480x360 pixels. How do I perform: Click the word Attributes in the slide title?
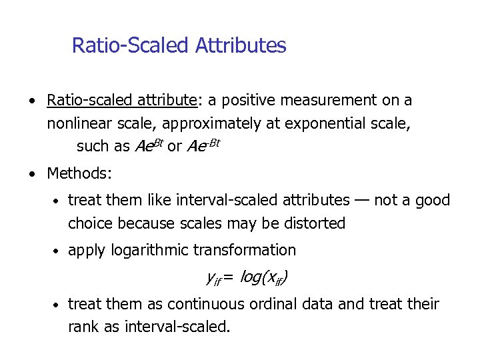241,46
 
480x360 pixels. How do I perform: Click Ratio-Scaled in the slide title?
131,46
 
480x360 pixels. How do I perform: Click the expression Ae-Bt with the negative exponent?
203,146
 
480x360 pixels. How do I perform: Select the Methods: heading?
79,174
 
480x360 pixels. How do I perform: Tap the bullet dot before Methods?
33,175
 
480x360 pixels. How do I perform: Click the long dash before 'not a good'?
362,200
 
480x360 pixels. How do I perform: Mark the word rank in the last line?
84,327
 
